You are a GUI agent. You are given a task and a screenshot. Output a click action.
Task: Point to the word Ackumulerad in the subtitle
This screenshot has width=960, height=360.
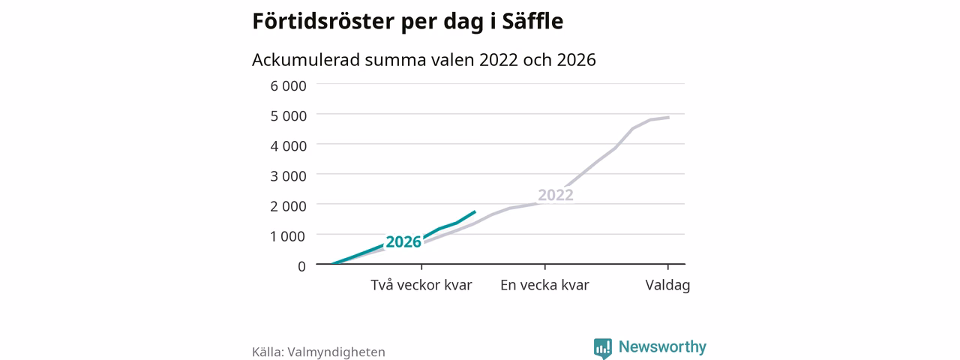[306, 59]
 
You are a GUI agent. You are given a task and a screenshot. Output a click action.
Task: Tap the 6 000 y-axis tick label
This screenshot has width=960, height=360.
[289, 85]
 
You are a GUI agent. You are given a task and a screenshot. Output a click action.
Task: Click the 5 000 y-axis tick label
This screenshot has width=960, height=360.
[289, 115]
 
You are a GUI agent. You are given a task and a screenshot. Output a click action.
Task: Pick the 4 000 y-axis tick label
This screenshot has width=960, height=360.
[289, 145]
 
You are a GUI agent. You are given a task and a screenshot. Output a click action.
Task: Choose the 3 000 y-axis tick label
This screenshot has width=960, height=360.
[289, 175]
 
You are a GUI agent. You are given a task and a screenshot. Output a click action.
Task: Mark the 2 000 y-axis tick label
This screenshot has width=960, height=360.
[289, 206]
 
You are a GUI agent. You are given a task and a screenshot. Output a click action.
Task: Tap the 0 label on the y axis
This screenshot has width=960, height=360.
[301, 266]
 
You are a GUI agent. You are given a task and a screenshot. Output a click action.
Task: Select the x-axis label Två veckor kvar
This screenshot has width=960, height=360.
[421, 285]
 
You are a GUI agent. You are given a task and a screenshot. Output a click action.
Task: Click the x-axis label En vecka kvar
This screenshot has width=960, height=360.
[544, 285]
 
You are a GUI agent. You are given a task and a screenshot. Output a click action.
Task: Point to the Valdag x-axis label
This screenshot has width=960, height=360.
[667, 285]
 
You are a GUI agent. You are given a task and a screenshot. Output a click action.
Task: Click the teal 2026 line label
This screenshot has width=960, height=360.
[403, 241]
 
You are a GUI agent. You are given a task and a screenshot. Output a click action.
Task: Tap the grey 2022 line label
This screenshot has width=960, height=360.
[556, 195]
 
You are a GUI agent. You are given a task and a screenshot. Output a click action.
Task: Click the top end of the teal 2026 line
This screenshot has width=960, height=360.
[475, 211]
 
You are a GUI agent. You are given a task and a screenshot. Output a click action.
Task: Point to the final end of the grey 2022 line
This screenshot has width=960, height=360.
[668, 117]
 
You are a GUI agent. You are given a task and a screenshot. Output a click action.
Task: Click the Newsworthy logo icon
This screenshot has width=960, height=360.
[602, 348]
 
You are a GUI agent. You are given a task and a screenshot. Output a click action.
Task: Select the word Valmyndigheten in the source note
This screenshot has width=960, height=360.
[336, 352]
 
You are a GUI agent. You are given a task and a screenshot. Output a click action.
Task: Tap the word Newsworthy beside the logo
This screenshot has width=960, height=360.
[662, 346]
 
